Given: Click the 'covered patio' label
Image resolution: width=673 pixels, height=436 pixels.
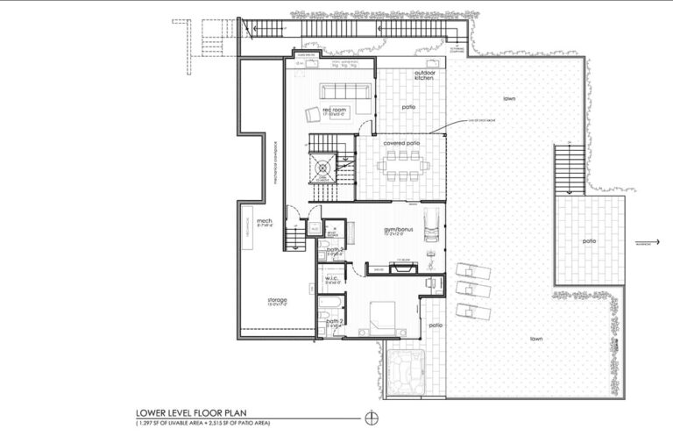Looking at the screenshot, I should (401, 141).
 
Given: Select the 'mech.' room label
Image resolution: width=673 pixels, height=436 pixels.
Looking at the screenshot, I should (266, 221).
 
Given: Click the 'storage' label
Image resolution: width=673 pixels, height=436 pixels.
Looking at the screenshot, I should (277, 300).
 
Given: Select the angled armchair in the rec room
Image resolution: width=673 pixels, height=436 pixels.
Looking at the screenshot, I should (314, 112).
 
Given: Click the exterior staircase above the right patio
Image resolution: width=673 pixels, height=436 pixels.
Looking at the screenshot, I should (569, 169).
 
